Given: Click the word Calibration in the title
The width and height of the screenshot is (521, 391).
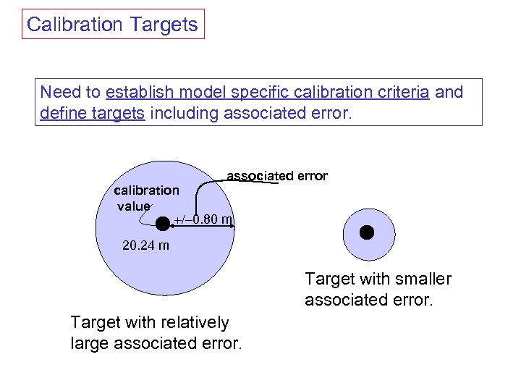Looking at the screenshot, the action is pos(75,25).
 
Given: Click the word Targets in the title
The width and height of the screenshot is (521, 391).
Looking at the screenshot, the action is pos(164,25).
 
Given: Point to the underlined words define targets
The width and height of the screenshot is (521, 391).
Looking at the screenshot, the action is pos(93,113).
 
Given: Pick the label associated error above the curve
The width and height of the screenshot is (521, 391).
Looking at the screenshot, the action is pos(277,176).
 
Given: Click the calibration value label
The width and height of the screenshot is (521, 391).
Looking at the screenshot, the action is pos(146,198).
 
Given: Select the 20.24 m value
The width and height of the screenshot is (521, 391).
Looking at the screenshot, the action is pos(146,245).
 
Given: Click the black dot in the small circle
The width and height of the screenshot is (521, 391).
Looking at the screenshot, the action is pos(368,232).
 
